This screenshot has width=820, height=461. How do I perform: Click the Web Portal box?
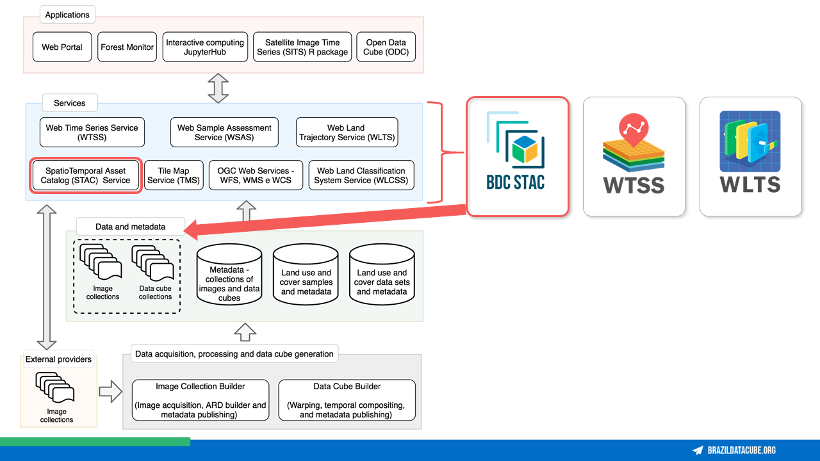tap(62, 47)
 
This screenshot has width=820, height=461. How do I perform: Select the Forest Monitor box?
tap(127, 47)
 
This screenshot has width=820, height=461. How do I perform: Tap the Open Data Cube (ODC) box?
tap(386, 47)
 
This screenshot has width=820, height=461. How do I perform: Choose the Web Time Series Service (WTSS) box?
tap(92, 132)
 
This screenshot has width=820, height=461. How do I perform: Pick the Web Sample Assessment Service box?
tap(224, 132)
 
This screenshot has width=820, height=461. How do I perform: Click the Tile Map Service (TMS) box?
tap(174, 175)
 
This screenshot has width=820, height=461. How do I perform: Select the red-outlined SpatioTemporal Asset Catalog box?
tap(86, 175)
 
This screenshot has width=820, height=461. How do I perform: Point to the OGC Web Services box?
tap(256, 175)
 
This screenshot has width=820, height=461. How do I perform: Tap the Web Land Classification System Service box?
tap(361, 175)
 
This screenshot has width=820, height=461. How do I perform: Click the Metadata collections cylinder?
tap(229, 275)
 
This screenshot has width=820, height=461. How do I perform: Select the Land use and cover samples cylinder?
tap(306, 275)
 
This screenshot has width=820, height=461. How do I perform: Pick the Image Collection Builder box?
tap(201, 400)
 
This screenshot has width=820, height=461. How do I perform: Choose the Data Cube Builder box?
tap(347, 400)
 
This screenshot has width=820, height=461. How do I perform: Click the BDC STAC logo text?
tap(516, 182)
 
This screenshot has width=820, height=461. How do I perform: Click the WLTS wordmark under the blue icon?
tap(750, 184)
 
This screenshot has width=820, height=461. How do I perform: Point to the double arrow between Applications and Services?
tap(218, 88)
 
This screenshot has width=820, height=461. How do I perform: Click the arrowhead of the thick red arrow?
tap(191, 230)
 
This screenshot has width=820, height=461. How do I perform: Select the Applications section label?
tap(67, 15)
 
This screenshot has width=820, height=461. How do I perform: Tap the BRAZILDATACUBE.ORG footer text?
tap(742, 450)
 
